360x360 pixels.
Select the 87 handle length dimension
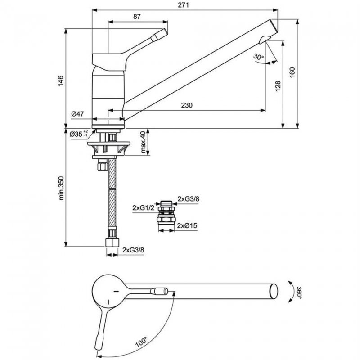click(x=138, y=17)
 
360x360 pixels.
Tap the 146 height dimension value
click(x=61, y=81)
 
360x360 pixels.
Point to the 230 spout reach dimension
click(x=187, y=105)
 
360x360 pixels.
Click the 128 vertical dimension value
click(x=278, y=85)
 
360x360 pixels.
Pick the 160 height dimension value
click(x=292, y=73)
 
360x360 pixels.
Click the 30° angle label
click(x=258, y=57)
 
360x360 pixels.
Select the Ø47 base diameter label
click(x=78, y=114)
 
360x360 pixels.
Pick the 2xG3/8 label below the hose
click(x=134, y=250)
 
